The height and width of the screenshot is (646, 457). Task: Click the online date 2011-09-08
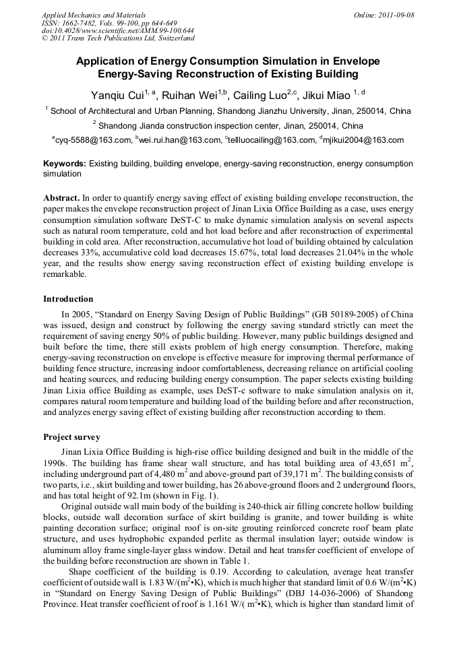tap(396, 15)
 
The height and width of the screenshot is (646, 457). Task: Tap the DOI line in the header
tap(118, 30)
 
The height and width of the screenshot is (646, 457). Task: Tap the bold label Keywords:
tap(65, 164)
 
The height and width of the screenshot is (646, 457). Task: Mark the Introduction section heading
tap(68, 298)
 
